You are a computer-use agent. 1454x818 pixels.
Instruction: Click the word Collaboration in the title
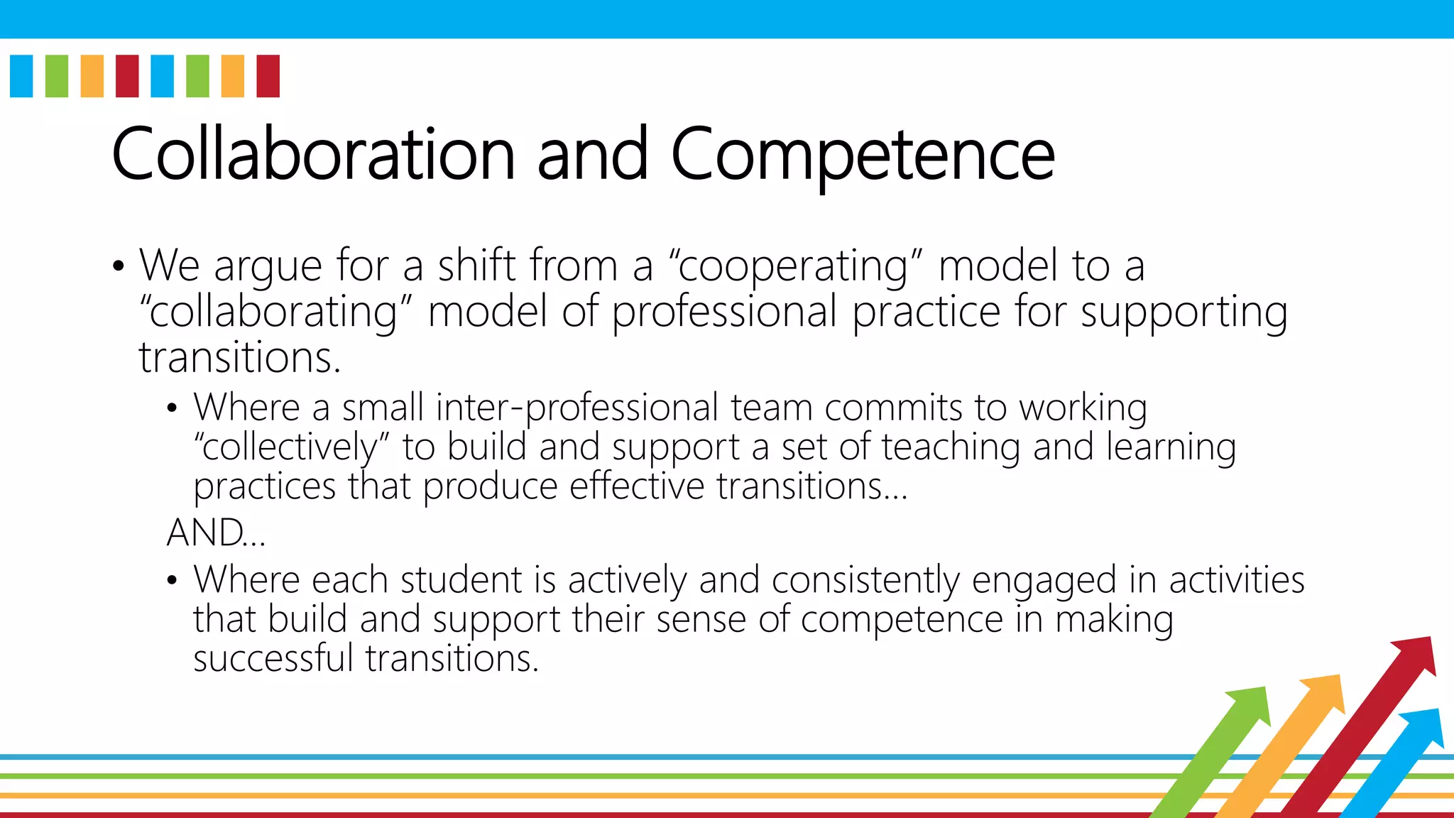[313, 154]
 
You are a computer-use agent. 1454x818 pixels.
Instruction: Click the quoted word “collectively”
[292, 448]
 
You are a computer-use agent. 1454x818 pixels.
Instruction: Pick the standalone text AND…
[216, 533]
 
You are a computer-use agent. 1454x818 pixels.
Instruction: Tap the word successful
[273, 658]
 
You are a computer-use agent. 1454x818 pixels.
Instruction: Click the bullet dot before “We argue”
[118, 267]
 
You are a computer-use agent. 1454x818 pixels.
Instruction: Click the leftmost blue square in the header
[21, 76]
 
